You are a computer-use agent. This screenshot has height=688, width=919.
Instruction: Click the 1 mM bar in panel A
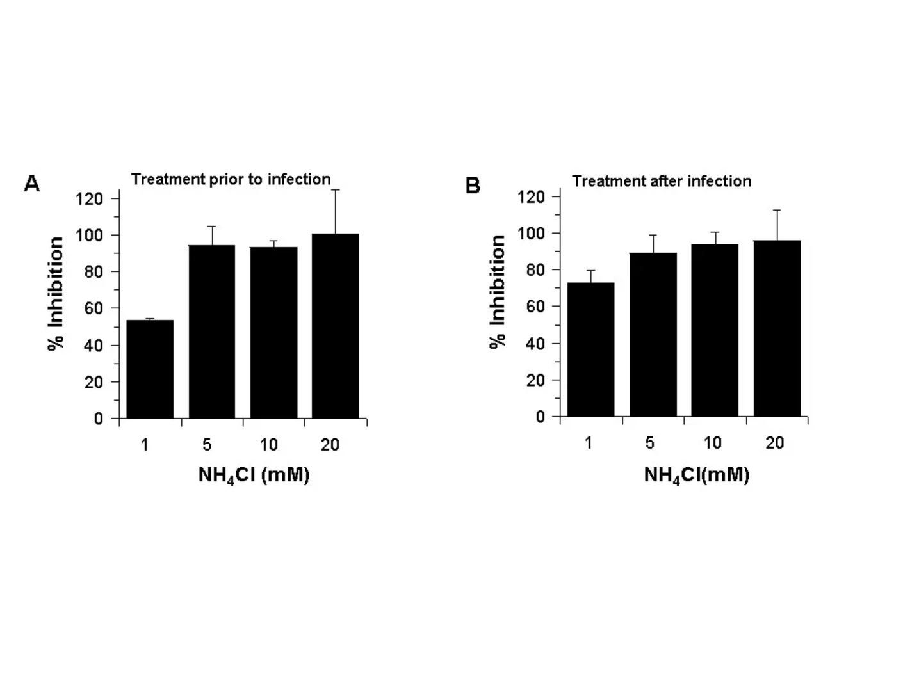click(150, 369)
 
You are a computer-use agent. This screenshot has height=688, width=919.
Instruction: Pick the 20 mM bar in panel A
click(335, 326)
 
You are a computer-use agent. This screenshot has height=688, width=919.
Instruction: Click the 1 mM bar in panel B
click(590, 349)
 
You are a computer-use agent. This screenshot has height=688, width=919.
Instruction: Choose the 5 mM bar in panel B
click(653, 335)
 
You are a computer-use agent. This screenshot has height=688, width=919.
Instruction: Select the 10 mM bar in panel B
click(715, 330)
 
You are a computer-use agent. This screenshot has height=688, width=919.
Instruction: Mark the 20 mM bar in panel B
click(777, 328)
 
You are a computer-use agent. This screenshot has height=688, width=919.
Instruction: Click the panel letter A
click(31, 184)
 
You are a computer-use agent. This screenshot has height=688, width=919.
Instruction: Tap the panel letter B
click(473, 186)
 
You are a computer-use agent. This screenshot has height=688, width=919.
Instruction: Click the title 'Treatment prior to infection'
click(231, 179)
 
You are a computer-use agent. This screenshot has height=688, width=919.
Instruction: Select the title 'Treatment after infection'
click(662, 181)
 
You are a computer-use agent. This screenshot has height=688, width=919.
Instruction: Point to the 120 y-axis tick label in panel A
click(89, 198)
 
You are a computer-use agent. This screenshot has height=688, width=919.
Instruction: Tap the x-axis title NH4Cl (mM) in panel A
click(254, 476)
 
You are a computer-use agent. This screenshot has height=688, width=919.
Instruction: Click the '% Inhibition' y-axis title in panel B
click(498, 291)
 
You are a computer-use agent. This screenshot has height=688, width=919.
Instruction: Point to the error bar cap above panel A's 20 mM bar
click(335, 190)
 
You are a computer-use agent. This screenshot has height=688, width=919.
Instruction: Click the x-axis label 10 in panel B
click(712, 443)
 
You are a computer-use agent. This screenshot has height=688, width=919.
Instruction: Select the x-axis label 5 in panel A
click(207, 445)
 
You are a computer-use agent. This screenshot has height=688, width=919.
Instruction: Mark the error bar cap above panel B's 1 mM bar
click(590, 271)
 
